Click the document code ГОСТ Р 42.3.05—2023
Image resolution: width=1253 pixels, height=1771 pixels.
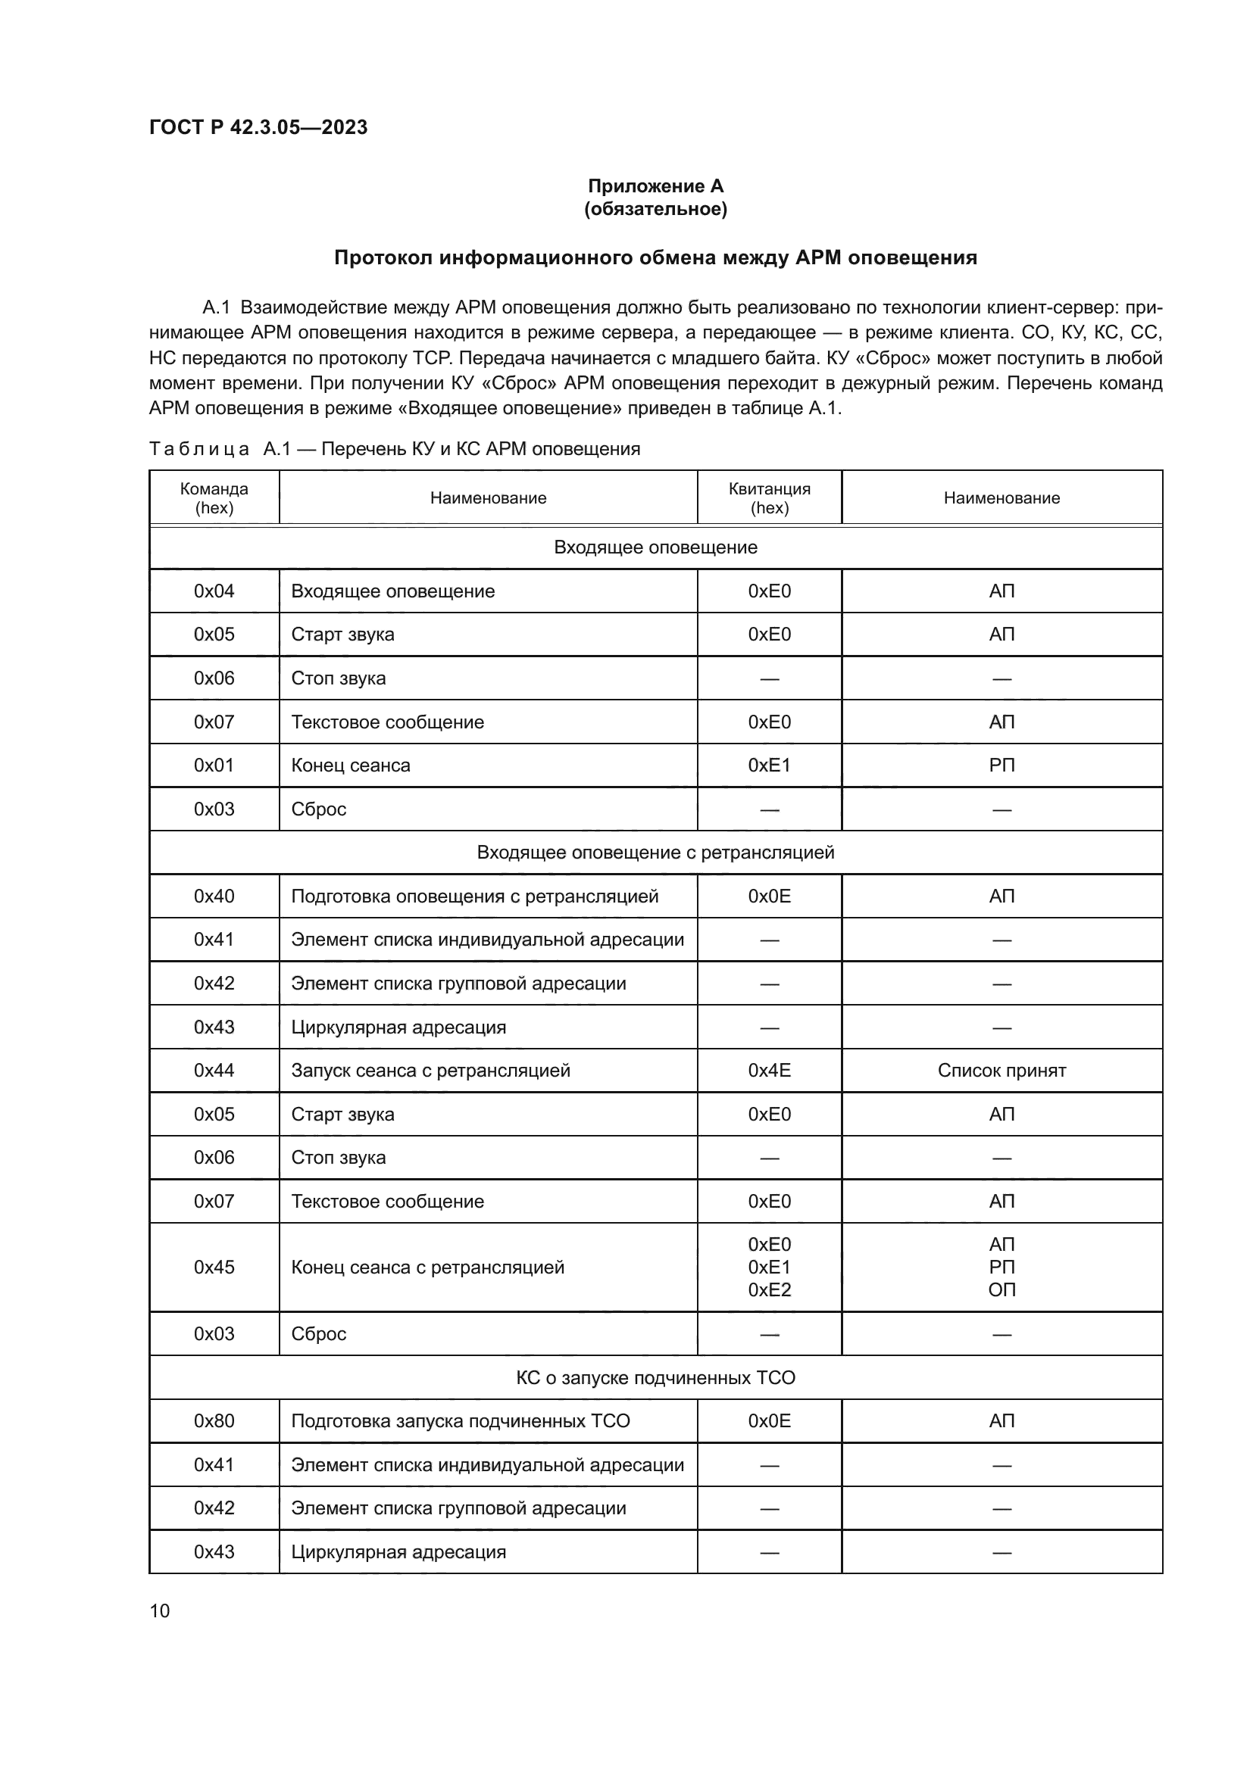258,127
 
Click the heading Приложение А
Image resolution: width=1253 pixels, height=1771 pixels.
655,186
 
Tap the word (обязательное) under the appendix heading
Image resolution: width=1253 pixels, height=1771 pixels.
655,209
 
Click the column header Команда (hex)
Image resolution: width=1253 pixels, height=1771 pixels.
214,497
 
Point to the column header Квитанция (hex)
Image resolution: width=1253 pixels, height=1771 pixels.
769,497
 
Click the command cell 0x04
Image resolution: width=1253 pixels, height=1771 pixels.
214,591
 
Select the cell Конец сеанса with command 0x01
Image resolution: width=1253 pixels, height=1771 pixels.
351,765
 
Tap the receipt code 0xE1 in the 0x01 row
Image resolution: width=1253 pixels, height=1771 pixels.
769,765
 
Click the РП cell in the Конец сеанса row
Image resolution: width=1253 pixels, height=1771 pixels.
1001,765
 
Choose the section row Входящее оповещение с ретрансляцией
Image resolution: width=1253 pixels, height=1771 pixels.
655,853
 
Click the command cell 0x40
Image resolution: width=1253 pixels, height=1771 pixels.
214,896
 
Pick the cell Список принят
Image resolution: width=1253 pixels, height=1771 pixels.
1001,1071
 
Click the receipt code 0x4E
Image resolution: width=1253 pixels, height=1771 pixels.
769,1071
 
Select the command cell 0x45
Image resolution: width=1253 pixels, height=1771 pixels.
214,1267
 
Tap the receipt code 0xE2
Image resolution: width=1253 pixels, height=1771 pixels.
769,1289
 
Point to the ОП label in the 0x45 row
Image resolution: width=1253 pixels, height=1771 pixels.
1001,1289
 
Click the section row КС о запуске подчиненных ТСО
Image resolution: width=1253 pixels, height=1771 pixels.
655,1377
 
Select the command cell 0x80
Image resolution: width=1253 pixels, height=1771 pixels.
214,1420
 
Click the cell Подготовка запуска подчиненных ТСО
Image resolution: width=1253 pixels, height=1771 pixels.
460,1420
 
